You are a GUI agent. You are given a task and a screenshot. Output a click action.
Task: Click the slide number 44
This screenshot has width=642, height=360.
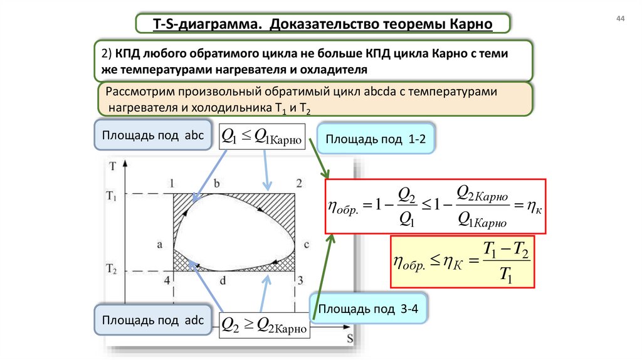click(621, 19)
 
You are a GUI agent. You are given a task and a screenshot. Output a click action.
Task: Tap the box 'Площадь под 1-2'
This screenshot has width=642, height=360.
click(375, 140)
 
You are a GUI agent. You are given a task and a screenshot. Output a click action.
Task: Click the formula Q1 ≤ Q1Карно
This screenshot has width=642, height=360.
click(262, 135)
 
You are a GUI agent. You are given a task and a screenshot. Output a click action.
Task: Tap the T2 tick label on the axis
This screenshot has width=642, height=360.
click(112, 270)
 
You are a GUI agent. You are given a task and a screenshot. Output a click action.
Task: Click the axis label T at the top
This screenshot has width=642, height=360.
click(112, 166)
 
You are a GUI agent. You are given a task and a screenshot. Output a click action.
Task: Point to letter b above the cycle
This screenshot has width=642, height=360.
click(217, 183)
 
